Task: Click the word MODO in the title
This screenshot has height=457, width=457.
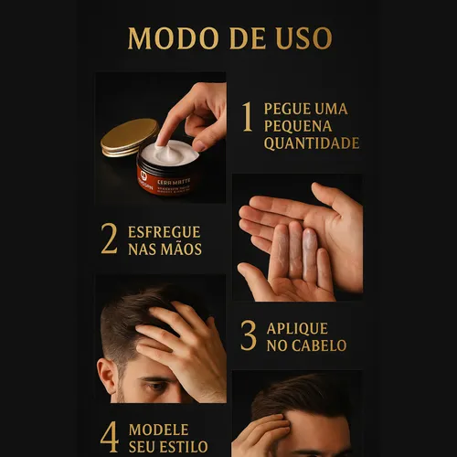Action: pos(166,38)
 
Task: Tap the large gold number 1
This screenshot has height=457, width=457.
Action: pos(247,118)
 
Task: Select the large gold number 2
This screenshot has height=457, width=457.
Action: pos(109,239)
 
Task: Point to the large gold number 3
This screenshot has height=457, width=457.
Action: pos(248,336)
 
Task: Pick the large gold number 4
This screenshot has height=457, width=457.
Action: pos(109,437)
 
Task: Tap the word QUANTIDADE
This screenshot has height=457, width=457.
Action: pos(311,143)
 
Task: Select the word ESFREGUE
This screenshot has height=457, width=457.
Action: pos(165,231)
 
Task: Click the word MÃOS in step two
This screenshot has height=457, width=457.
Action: pos(179,249)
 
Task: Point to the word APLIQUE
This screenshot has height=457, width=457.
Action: pos(297,328)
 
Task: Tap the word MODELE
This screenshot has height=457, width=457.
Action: pos(159,429)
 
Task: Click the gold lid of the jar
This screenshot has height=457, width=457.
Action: pos(129,136)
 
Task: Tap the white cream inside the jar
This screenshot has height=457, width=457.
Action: pos(171,152)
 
